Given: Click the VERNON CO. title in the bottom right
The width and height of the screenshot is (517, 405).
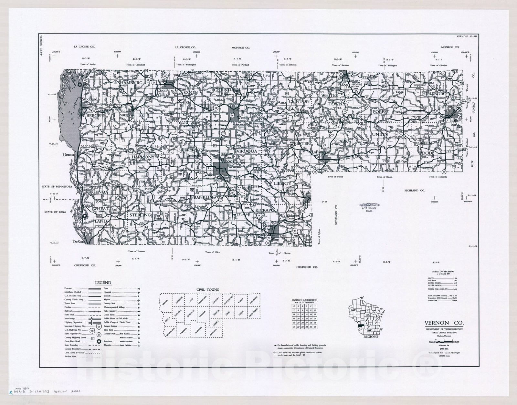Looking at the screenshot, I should pyautogui.click(x=444, y=323).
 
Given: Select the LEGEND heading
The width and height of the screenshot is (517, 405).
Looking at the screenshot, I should pyautogui.click(x=103, y=283).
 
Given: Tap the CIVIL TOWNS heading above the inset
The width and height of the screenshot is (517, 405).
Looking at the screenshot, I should pyautogui.click(x=208, y=290).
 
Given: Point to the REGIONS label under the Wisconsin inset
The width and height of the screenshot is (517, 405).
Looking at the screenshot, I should pyautogui.click(x=370, y=337).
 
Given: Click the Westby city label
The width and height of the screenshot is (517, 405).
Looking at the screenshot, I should pyautogui.click(x=243, y=118).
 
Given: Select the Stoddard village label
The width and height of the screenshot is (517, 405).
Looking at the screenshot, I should pyautogui.click(x=90, y=99).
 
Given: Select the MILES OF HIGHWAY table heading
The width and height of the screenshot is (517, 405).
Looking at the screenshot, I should pyautogui.click(x=445, y=272).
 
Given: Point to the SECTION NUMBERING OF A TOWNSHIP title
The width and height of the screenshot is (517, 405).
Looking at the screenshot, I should pyautogui.click(x=304, y=301).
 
